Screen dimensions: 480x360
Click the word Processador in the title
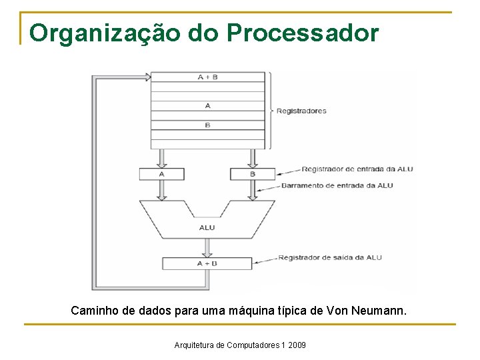coord(303,33)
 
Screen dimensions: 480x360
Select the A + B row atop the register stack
coord(208,77)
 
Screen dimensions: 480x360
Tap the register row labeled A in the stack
coord(208,105)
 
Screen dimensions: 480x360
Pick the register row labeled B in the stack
coord(208,125)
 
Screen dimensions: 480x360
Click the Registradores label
coord(301,111)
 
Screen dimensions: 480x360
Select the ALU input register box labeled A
coord(161,174)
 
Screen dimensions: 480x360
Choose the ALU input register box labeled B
coord(252,174)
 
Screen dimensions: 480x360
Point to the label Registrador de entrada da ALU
coord(357,169)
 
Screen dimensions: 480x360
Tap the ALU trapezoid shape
coord(207,223)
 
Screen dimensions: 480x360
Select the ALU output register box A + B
coord(207,263)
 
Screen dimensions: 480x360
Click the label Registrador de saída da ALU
coord(331,257)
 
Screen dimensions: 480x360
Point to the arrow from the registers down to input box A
coord(161,159)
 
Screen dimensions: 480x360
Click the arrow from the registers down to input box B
coord(252,159)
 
